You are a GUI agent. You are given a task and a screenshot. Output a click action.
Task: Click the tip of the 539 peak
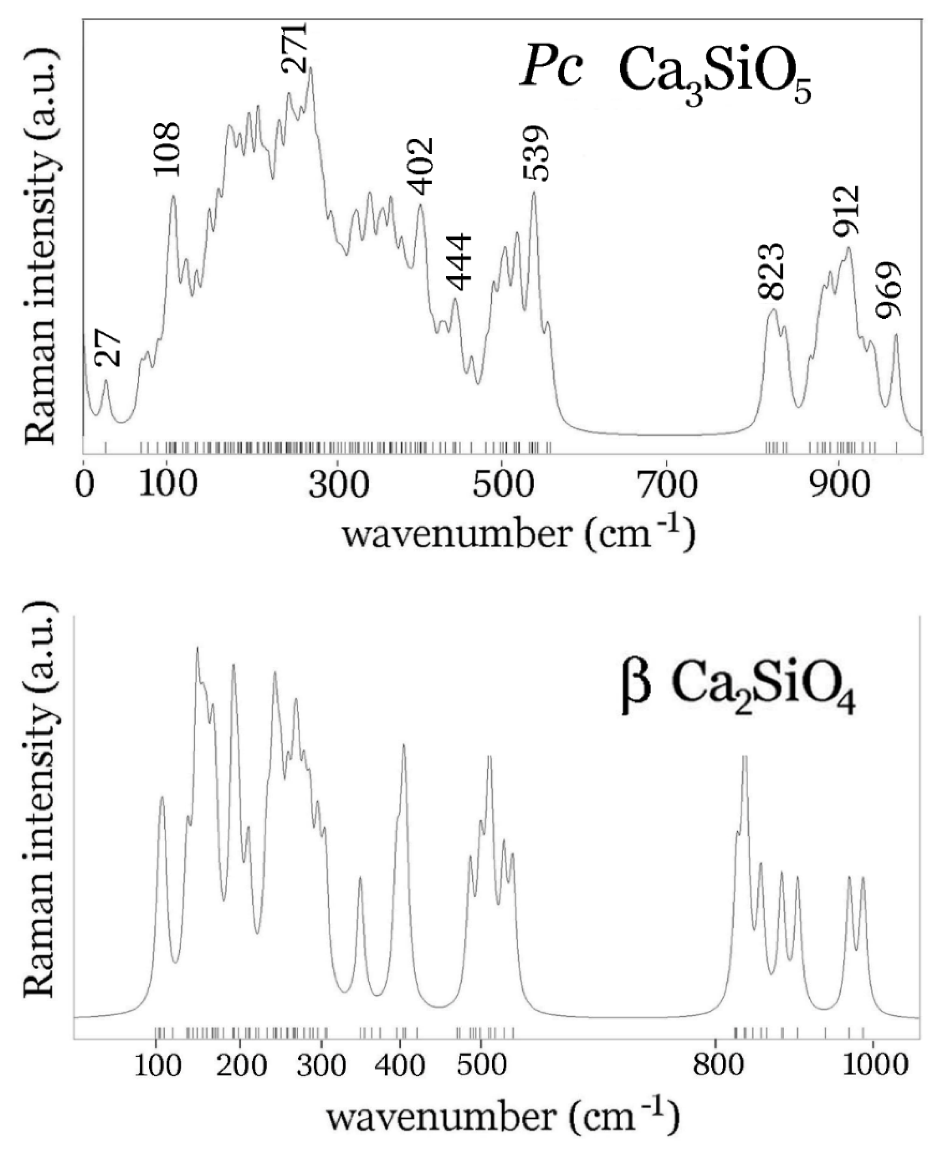pyautogui.click(x=534, y=192)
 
